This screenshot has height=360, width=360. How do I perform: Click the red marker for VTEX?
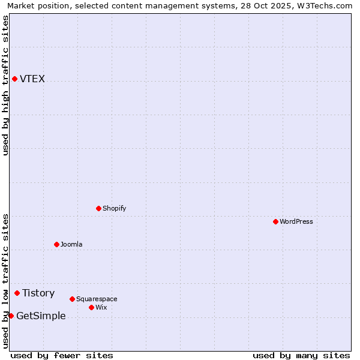(x=14, y=79)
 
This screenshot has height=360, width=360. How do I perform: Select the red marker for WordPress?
(x=275, y=221)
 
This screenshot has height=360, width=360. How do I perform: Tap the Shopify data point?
(x=98, y=208)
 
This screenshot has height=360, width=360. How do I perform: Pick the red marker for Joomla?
(x=56, y=244)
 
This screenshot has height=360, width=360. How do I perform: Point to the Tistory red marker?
(x=17, y=293)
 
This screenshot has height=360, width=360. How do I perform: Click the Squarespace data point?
(x=72, y=299)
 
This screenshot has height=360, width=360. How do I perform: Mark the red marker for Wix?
(x=91, y=307)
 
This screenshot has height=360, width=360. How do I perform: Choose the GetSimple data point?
(x=11, y=316)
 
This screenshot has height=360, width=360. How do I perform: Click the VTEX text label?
(x=32, y=79)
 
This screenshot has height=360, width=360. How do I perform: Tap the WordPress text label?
(x=296, y=222)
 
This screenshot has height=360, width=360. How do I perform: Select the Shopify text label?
(x=114, y=209)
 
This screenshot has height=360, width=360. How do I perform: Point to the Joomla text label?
(x=71, y=245)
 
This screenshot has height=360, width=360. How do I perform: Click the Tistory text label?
(x=38, y=293)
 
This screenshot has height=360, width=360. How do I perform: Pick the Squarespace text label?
(x=97, y=299)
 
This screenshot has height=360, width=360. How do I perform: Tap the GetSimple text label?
(x=41, y=316)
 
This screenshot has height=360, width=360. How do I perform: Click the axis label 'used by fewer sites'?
(x=62, y=355)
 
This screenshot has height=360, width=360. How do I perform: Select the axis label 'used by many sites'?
(x=301, y=355)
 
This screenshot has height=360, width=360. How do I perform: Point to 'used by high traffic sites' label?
(x=5, y=85)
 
